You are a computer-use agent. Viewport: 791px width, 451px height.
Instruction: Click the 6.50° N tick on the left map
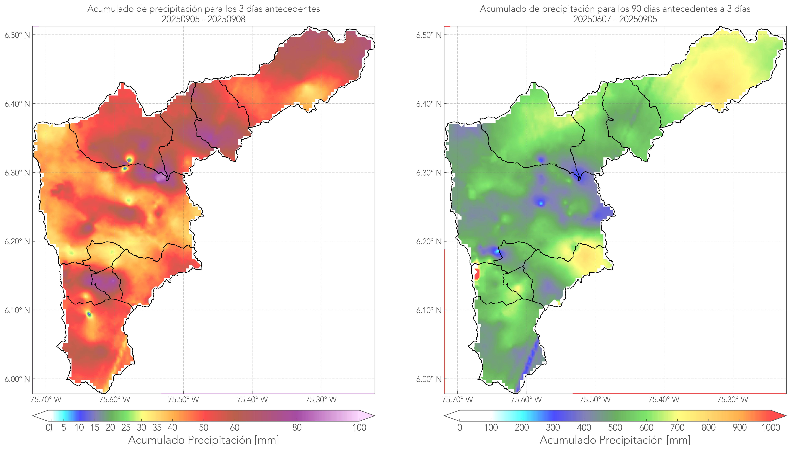[x=17, y=35]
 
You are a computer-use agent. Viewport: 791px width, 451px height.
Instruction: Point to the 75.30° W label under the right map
[x=733, y=400]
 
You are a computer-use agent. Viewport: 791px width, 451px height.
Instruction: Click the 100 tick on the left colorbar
[x=359, y=427]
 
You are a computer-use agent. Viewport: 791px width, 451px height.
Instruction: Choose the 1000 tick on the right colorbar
[x=771, y=427]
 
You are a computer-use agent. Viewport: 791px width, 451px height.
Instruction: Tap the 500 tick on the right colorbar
[x=615, y=427]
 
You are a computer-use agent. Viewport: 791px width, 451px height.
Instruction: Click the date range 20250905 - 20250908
[x=204, y=19]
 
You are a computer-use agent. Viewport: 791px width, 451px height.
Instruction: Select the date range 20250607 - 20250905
[x=615, y=19]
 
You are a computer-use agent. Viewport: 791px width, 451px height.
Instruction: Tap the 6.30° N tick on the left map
[x=17, y=172]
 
